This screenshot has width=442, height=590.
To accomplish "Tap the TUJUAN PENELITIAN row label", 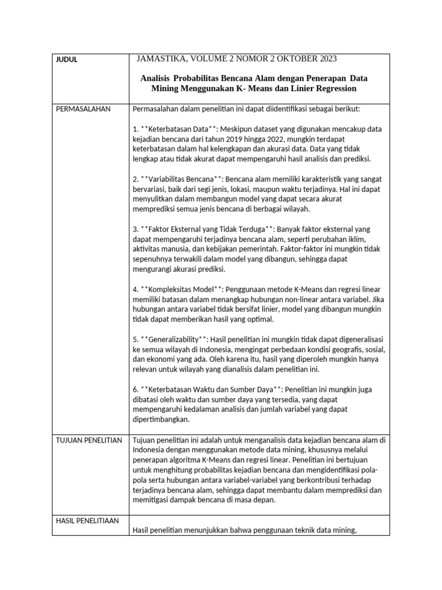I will click(89, 440).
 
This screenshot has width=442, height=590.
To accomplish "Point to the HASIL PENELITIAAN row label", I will click(87, 520).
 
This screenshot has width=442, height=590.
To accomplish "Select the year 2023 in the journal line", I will click(325, 59).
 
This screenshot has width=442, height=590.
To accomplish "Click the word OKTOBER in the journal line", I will click(291, 59).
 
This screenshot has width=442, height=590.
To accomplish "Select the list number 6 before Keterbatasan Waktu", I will click(135, 389).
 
